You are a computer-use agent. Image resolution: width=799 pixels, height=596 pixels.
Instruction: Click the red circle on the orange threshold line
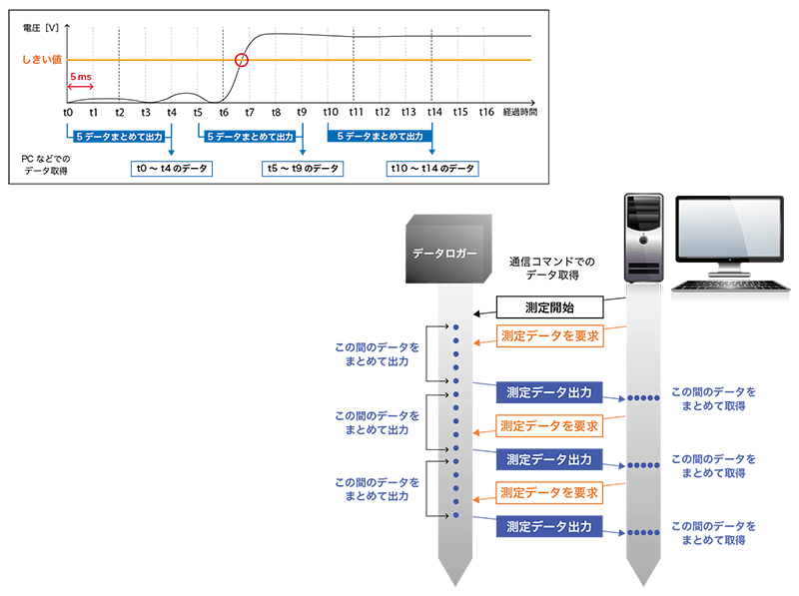point(241,60)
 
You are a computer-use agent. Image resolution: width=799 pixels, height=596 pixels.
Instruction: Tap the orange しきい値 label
point(42,60)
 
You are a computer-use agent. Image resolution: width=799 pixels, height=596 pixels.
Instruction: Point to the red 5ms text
point(81,76)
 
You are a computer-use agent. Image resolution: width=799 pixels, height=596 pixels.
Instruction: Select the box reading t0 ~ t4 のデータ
point(171,169)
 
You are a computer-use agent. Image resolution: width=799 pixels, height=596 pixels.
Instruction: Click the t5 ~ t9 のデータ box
point(303,169)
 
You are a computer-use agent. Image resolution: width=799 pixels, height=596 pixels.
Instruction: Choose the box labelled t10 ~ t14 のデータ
point(431,169)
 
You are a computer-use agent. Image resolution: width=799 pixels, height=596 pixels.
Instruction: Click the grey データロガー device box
point(445,250)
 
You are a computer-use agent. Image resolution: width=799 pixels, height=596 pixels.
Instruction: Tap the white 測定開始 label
point(549,307)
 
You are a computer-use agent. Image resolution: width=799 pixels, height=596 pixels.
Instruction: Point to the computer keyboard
point(729,286)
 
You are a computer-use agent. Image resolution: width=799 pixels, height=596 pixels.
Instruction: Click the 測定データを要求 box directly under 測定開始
point(549,336)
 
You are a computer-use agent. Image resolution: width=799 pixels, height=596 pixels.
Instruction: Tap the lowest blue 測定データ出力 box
point(549,526)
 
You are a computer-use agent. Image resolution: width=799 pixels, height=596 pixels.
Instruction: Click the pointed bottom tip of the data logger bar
point(455,583)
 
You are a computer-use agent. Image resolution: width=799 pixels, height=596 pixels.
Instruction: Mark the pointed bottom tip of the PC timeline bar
point(642,583)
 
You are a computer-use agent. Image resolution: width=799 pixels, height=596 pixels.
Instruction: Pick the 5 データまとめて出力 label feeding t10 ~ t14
point(381,136)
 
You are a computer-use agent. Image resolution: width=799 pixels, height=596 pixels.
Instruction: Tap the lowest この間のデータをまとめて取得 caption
point(713,533)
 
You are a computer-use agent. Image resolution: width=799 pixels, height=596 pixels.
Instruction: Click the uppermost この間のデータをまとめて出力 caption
point(378,353)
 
